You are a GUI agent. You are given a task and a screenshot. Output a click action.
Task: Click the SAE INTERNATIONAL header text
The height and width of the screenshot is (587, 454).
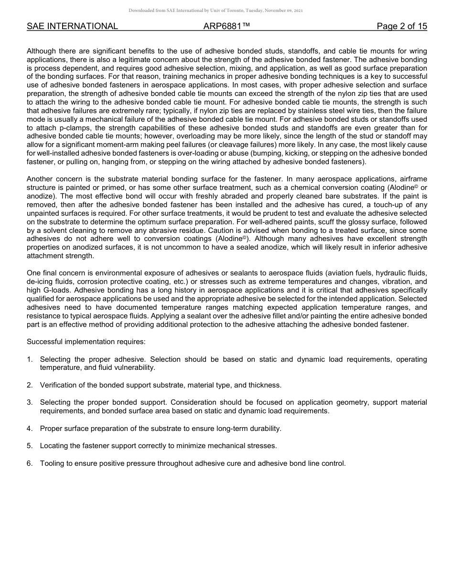pos(72,26)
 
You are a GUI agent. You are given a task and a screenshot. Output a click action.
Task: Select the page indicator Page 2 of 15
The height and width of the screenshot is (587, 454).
pos(401,26)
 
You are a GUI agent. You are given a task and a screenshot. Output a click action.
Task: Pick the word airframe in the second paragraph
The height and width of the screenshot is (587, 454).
pos(413,179)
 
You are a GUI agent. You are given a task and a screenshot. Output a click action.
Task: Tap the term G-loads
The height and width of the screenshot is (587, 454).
pos(57,290)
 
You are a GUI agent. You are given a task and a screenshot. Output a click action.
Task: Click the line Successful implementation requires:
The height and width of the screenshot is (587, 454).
pos(86,342)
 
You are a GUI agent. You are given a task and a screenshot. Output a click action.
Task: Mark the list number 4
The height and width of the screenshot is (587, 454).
pos(29,429)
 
